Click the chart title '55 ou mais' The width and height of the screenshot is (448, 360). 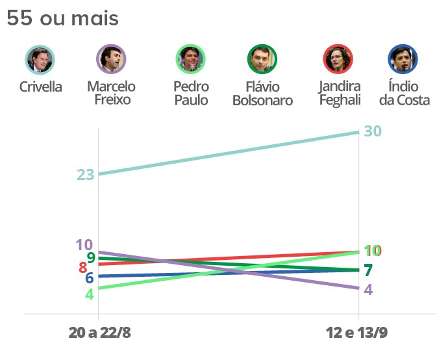[62, 19]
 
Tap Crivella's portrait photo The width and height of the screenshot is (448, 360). [40, 60]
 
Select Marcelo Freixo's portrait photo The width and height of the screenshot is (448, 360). [111, 60]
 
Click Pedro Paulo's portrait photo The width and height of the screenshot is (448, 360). [191, 60]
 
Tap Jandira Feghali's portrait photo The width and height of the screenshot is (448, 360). [338, 60]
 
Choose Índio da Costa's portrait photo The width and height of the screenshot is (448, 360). [403, 60]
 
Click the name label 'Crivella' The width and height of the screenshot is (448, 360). [41, 87]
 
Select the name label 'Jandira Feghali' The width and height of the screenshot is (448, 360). [340, 94]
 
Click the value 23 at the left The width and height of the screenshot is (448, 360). [86, 175]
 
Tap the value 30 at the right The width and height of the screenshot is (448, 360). [373, 131]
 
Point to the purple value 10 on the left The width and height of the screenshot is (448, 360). [84, 245]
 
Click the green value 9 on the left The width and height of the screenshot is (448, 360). [91, 257]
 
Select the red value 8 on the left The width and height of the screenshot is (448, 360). [82, 267]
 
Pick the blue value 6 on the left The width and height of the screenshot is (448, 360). [89, 278]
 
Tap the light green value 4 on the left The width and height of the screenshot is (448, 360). [89, 293]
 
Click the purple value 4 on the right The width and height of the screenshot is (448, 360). [368, 290]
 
